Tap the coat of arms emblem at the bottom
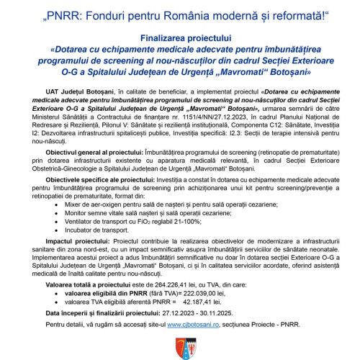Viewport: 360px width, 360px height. (180, 349)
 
